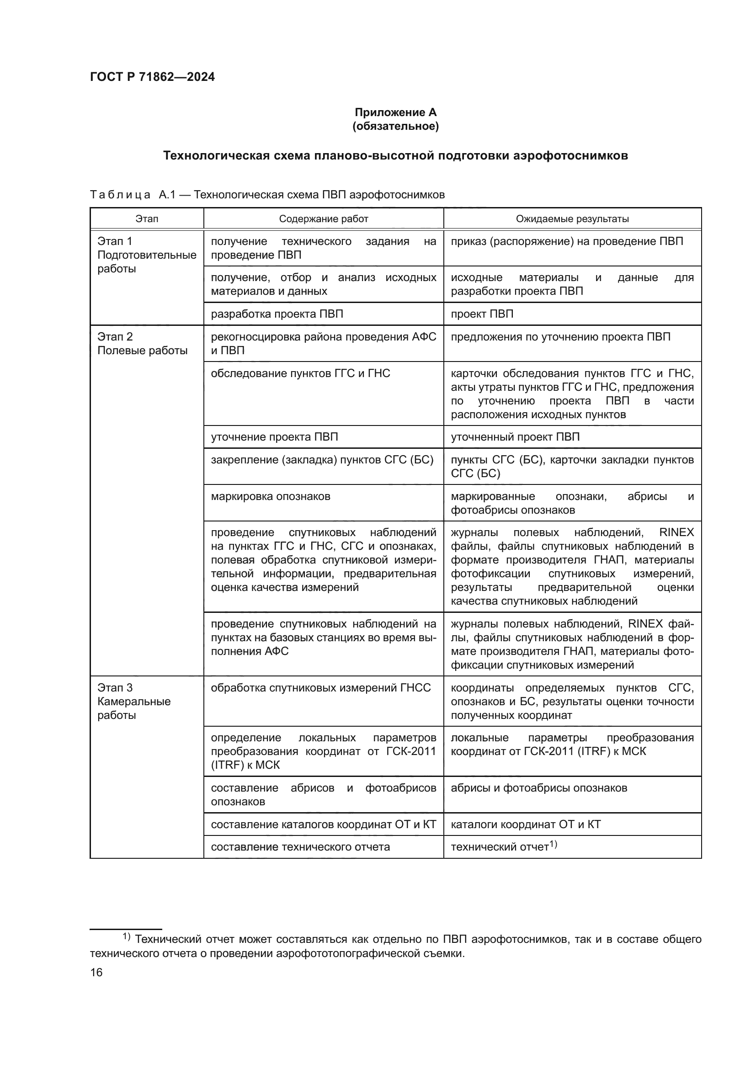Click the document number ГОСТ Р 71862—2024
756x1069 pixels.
[152, 77]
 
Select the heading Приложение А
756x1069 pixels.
[395, 112]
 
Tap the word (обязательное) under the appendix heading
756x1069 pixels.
[395, 126]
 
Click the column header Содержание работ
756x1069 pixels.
[324, 219]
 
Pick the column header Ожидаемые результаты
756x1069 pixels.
[572, 219]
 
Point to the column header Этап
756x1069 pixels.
[147, 219]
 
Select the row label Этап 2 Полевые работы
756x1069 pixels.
[142, 344]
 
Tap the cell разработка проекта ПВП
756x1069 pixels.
[277, 314]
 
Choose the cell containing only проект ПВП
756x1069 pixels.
[482, 314]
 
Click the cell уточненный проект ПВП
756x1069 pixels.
[515, 437]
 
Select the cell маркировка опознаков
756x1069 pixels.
[271, 496]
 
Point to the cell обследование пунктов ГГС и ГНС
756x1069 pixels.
[300, 373]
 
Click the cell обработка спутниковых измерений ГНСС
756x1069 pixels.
[321, 688]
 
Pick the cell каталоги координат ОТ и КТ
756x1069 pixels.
[526, 824]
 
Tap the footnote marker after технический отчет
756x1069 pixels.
[553, 844]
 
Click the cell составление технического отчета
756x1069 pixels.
[300, 847]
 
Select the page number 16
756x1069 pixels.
[96, 972]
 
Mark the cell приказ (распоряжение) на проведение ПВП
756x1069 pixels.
[566, 241]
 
